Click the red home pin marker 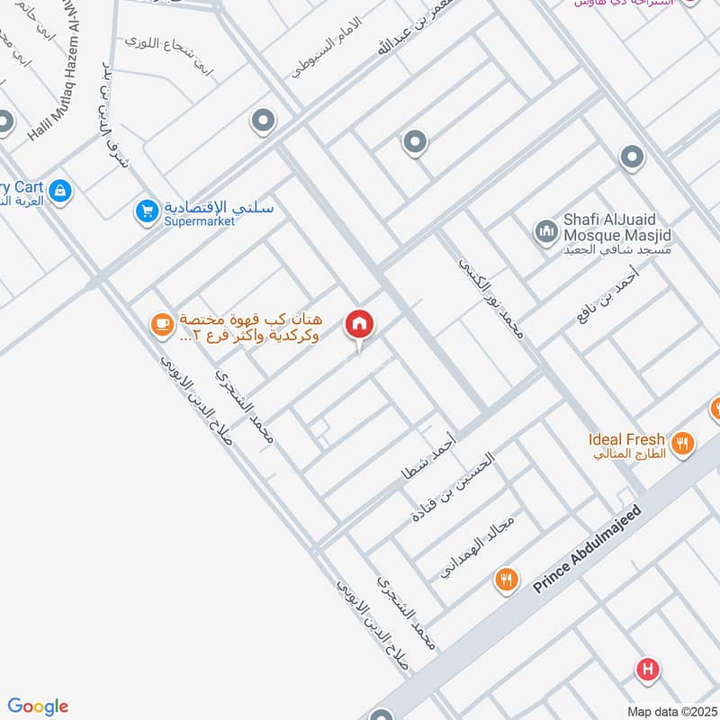click(359, 324)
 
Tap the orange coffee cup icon click(161, 325)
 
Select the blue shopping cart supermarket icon click(146, 212)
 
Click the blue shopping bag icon click(60, 191)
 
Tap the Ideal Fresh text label click(626, 440)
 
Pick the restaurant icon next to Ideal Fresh click(683, 444)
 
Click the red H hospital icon click(647, 670)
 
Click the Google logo click(38, 706)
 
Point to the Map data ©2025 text click(670, 711)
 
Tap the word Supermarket click(199, 221)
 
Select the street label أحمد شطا click(429, 455)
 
